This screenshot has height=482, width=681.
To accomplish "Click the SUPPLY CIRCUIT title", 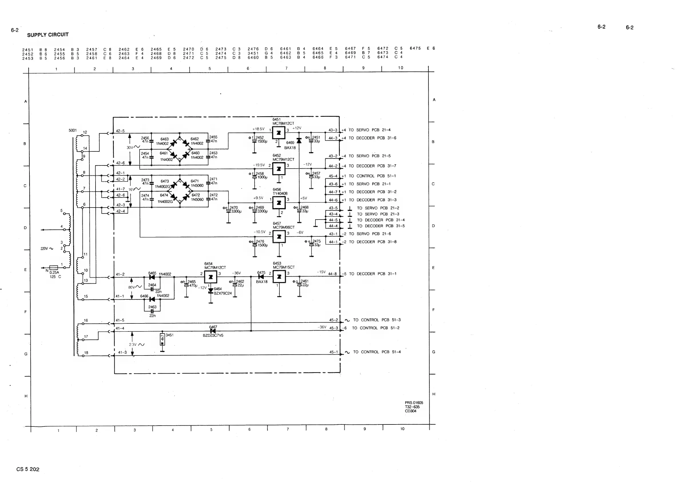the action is click(x=48, y=35).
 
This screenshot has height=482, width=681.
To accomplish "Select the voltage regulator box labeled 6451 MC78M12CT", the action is click(x=279, y=133).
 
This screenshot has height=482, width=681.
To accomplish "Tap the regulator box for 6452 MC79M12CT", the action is click(x=279, y=169).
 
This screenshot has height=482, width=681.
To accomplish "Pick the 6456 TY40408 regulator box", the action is click(x=279, y=203).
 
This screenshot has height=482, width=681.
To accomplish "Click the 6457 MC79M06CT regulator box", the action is click(x=279, y=236).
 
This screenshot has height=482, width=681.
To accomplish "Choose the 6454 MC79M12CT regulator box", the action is click(x=211, y=277).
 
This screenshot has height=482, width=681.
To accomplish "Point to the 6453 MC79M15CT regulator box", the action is click(x=279, y=276).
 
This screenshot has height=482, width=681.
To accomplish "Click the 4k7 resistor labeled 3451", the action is click(x=162, y=339).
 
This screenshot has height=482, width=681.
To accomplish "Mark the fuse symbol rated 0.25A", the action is click(x=54, y=267).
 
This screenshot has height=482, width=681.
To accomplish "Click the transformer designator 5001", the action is click(x=72, y=130).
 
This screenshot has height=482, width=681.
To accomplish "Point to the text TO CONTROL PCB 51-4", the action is click(x=377, y=352).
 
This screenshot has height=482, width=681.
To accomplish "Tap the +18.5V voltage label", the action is click(x=258, y=129).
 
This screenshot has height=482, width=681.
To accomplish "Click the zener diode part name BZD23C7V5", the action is click(x=213, y=335).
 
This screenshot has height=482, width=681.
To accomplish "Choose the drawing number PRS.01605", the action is click(x=414, y=403).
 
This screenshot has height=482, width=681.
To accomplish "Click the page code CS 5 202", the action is click(x=28, y=469).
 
